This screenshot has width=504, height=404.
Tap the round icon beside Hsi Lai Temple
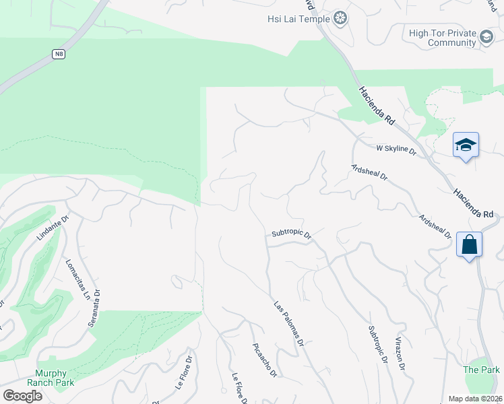pos(341,18)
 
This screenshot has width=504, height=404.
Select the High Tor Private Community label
pos(442,38)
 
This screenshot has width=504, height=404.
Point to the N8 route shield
pos(59,54)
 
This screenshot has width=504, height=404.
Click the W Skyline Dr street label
pos(397,149)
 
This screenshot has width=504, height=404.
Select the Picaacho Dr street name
pos(264,360)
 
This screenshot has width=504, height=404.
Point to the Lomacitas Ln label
pos(77,279)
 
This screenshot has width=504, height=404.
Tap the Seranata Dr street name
pos(94,308)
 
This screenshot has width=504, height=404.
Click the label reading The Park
pos(481,370)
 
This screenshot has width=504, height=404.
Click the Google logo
pos(22,396)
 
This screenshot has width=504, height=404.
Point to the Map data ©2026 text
pos(475,399)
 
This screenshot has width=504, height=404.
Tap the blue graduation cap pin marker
pos(466,145)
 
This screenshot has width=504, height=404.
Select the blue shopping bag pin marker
pos(469,244)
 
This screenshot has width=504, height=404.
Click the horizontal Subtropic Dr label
pos(291,234)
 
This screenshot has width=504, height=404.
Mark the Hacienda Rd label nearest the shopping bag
pos(474,202)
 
